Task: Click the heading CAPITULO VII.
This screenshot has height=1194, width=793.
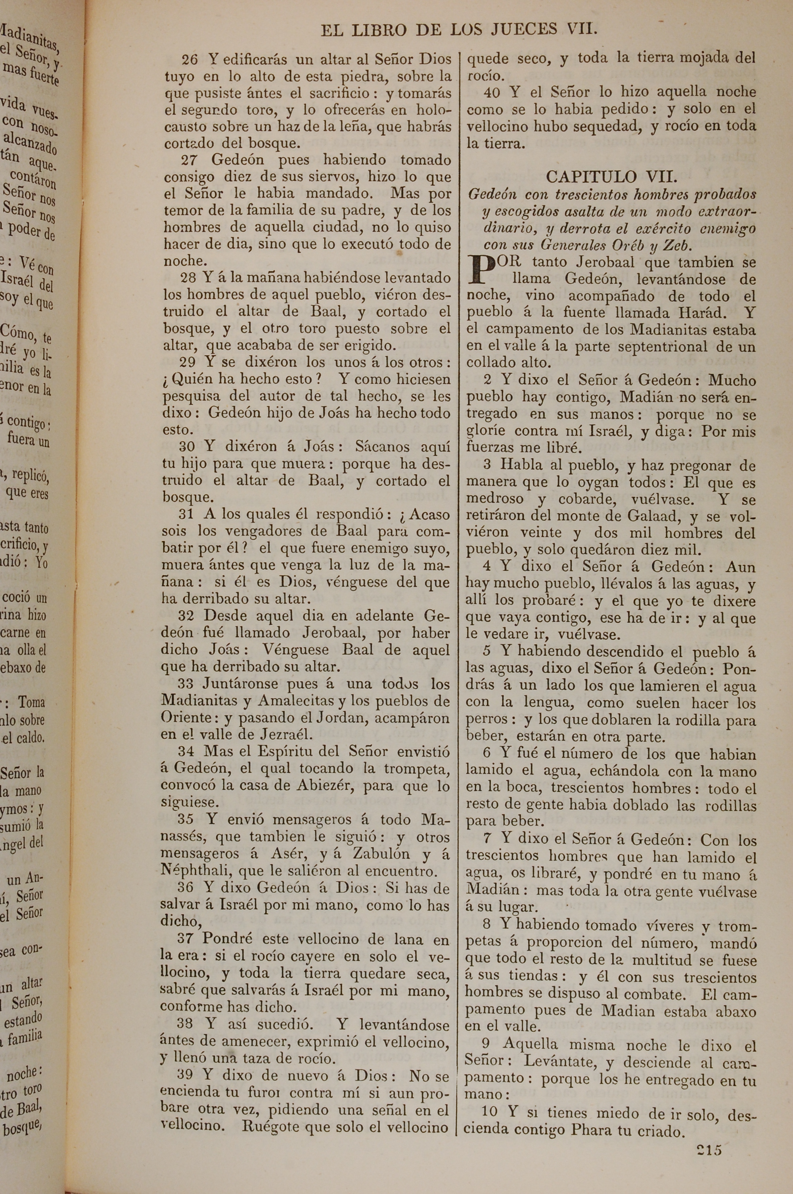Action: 611,177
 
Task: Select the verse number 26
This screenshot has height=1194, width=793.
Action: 190,60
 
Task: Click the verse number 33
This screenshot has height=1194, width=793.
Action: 186,684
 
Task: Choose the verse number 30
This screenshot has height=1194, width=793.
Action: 187,447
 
